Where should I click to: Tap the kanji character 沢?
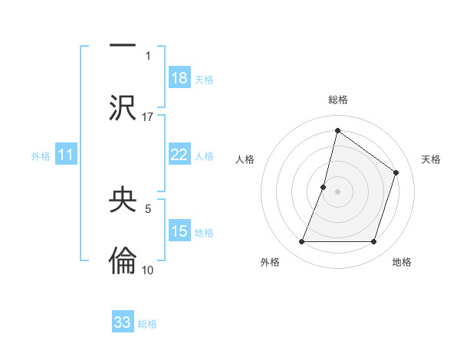tap(123, 107)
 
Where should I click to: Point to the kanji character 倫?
tap(123, 261)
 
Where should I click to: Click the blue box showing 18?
tap(179, 78)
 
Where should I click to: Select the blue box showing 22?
tap(179, 155)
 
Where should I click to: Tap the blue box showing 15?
tap(179, 231)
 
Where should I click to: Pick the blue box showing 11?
tap(66, 155)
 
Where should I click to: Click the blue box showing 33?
tap(123, 322)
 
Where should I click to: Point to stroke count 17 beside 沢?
tap(148, 116)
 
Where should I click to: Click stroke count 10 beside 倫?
tap(148, 270)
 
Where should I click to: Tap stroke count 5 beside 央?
tap(148, 208)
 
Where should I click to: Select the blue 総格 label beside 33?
tap(148, 324)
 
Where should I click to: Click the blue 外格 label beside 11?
tap(41, 156)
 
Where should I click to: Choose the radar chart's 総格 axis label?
tap(338, 100)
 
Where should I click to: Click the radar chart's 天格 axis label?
tap(431, 159)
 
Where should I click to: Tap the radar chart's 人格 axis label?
tap(245, 159)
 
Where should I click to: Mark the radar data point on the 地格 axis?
tap(374, 242)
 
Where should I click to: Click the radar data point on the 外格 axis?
tap(301, 242)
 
